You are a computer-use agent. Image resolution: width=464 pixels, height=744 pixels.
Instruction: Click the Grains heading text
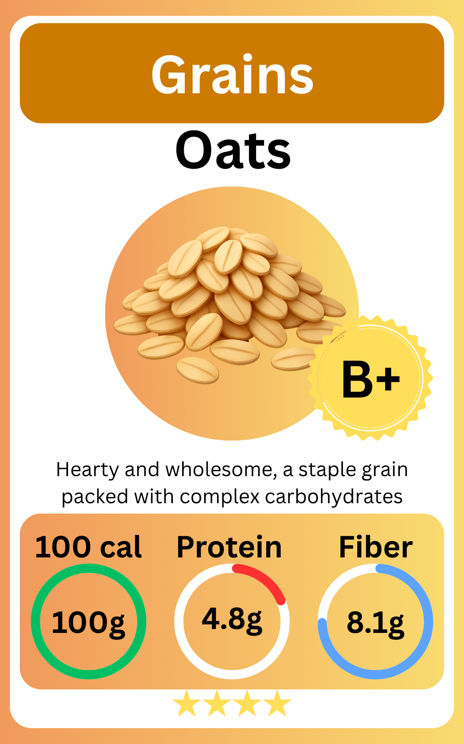[232, 74]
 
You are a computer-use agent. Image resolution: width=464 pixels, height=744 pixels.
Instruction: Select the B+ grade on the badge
[370, 379]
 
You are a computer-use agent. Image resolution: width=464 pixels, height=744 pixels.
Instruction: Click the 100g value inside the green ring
[89, 622]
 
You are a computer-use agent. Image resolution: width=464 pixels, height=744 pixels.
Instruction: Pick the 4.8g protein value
[232, 619]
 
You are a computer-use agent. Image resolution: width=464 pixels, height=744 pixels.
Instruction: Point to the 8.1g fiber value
[375, 622]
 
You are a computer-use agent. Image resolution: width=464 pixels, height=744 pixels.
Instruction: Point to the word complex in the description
[220, 497]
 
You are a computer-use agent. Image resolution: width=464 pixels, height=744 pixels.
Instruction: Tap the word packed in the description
[95, 497]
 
